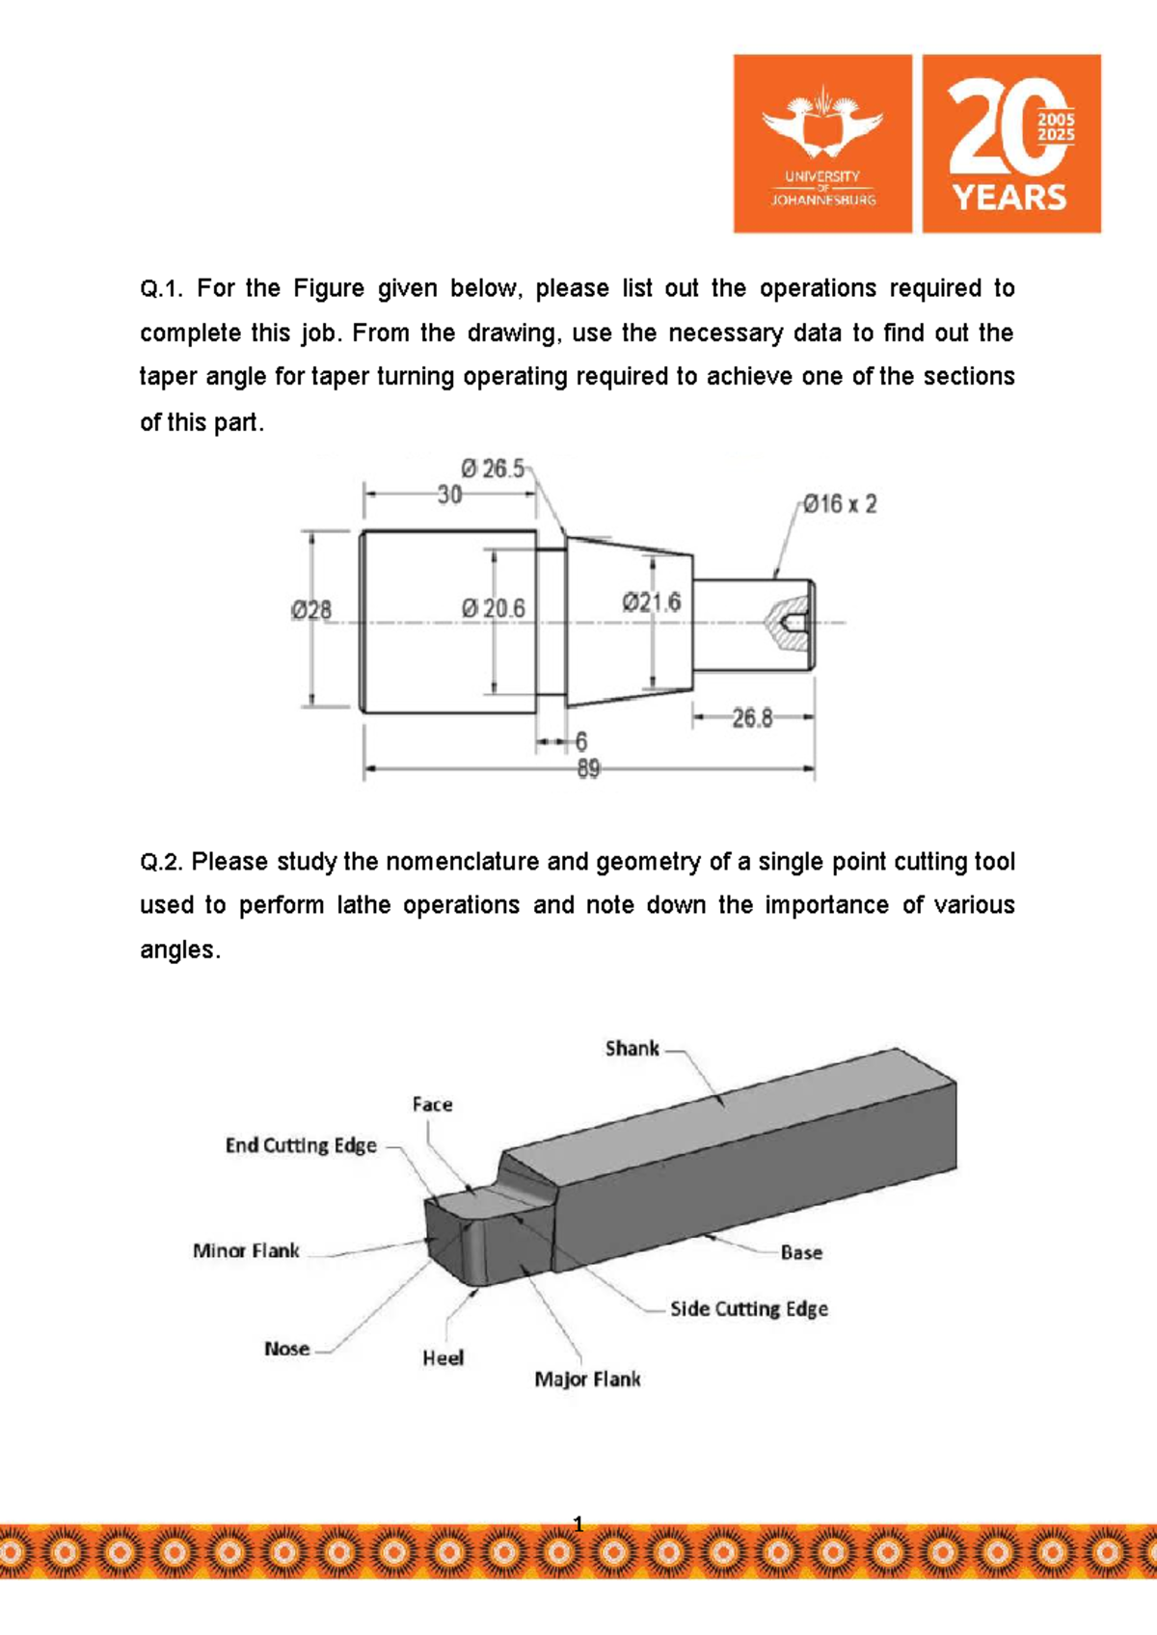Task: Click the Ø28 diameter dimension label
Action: point(311,610)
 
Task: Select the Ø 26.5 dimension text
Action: point(493,469)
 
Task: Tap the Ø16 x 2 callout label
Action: point(841,504)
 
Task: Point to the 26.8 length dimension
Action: point(752,718)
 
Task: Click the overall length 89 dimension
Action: point(588,769)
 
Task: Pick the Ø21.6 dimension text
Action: point(652,603)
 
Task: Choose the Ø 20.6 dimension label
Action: point(494,608)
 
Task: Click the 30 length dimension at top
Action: point(449,496)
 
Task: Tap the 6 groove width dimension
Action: point(581,741)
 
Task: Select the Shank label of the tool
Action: point(632,1049)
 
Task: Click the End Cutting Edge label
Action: point(301,1145)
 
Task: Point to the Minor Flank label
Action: point(246,1251)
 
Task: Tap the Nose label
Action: point(287,1349)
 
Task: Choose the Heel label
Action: point(443,1358)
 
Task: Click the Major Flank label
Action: point(587,1380)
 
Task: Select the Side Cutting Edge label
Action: point(749,1309)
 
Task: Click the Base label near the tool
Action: point(801,1252)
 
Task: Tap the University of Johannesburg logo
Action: point(822,144)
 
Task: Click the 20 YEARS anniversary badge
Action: point(1011,144)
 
